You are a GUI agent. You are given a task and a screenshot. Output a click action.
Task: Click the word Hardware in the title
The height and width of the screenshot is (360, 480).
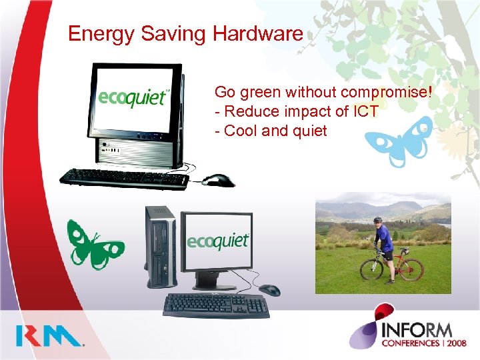[258, 33]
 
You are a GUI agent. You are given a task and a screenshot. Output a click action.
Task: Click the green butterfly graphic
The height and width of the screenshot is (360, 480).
[94, 243]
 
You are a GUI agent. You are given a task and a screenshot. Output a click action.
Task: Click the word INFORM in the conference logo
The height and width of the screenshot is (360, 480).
[417, 329]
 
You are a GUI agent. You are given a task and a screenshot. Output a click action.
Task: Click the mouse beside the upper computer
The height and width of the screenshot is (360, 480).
[218, 180]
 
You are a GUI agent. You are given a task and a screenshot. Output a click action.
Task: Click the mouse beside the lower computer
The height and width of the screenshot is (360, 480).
[269, 290]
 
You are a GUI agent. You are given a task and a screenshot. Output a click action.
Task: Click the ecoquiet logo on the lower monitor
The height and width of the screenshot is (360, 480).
[217, 241]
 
